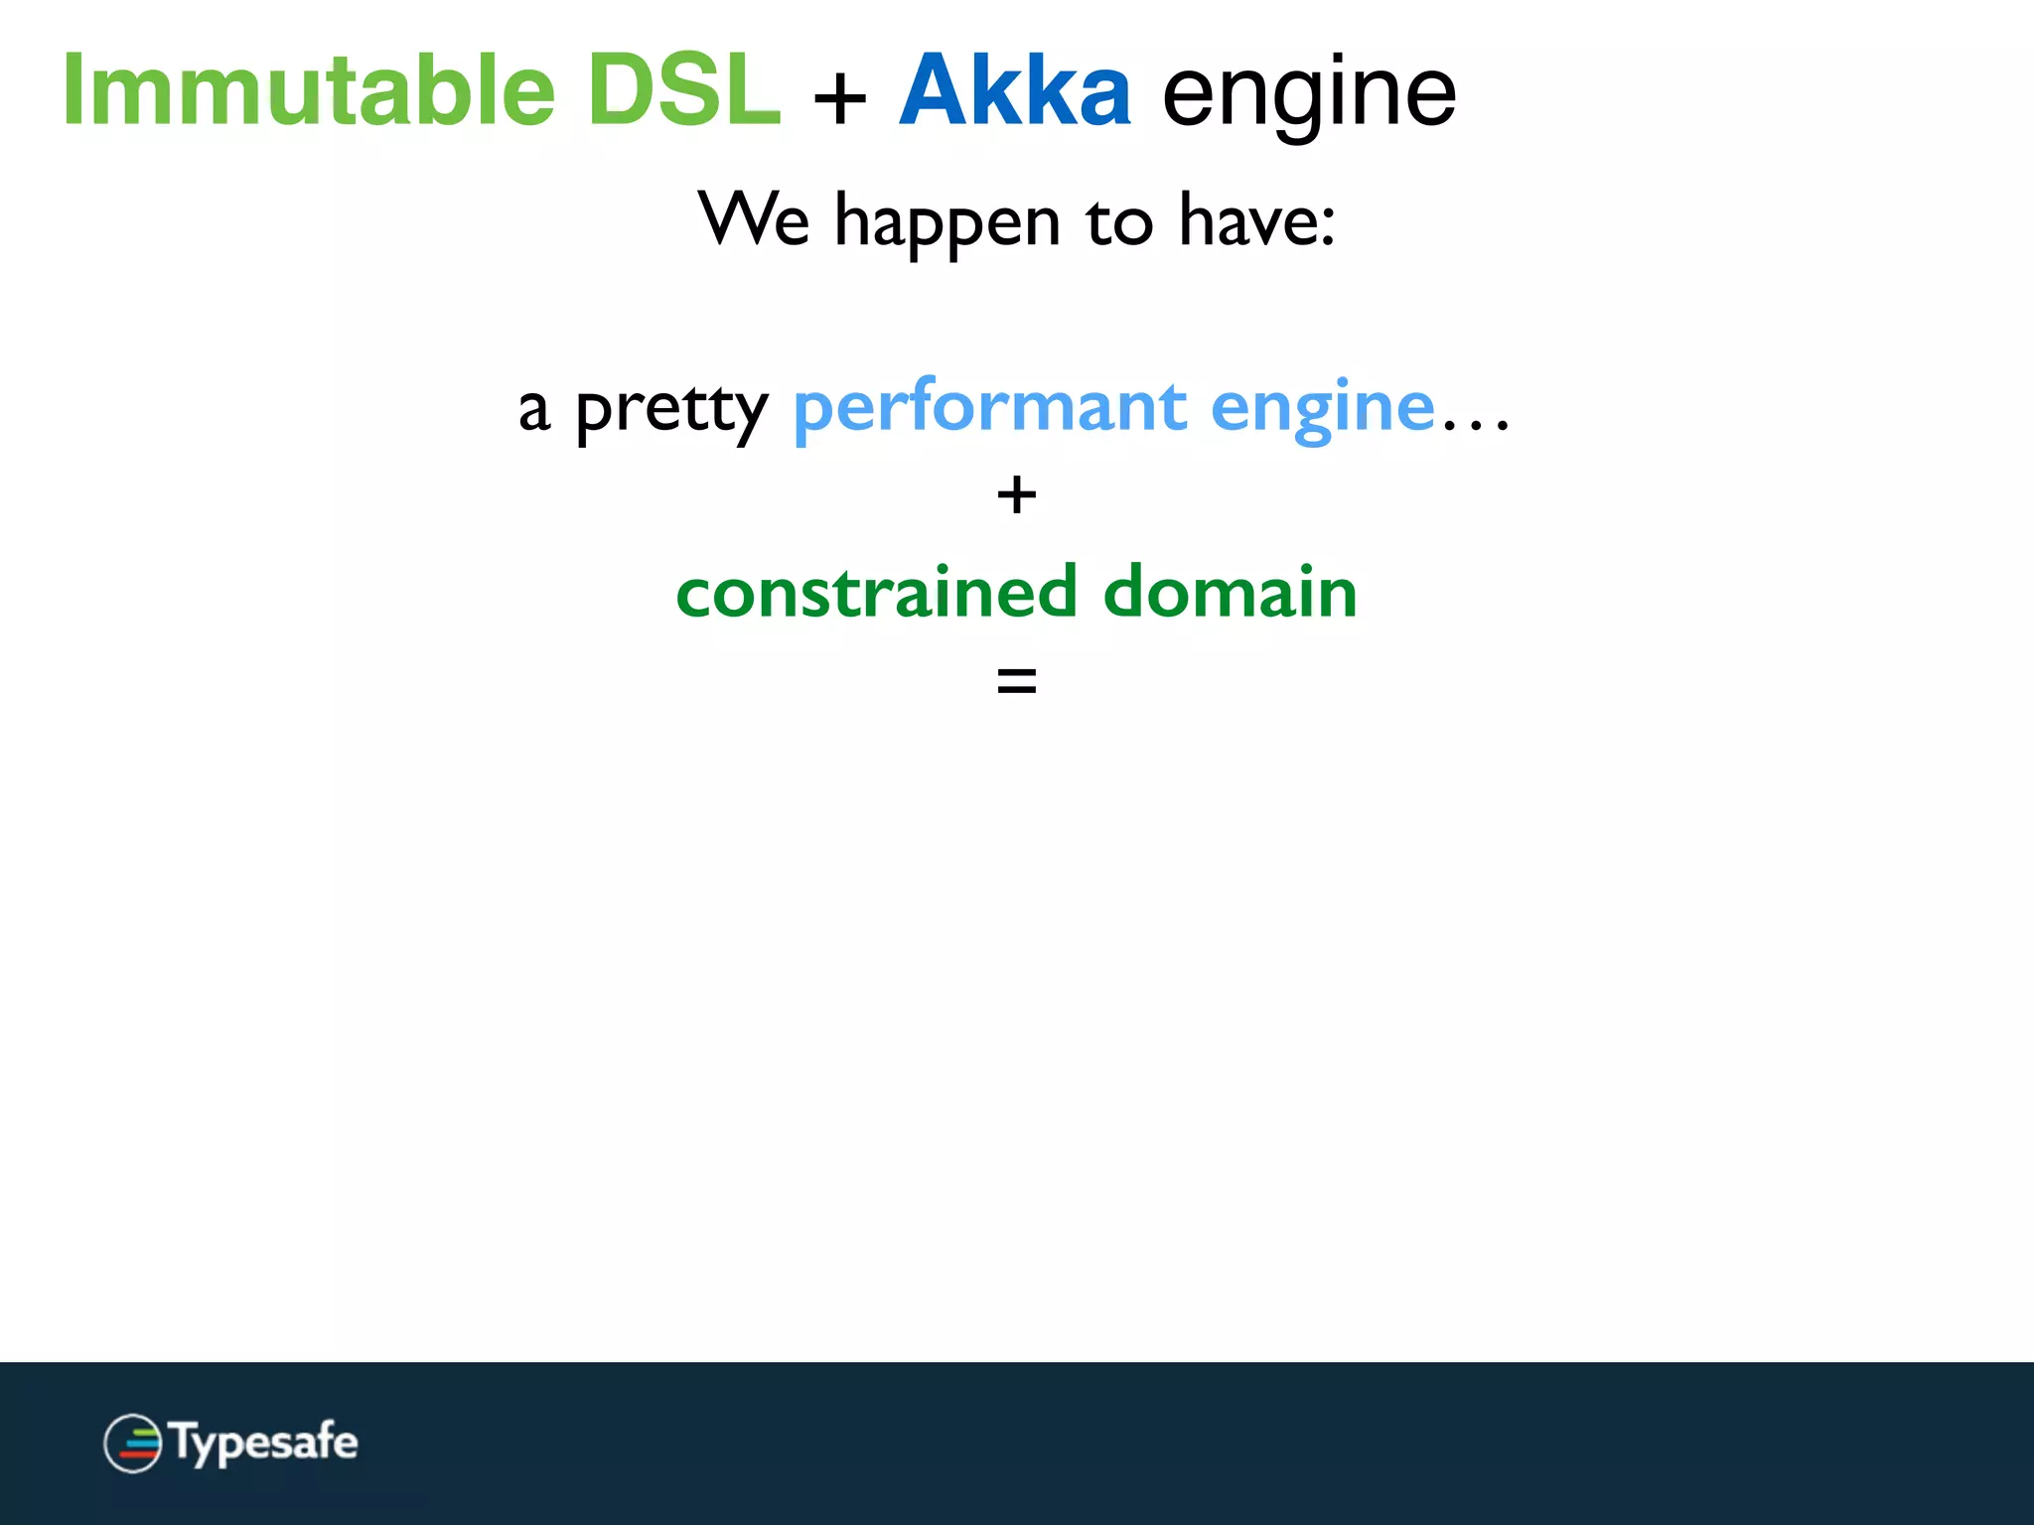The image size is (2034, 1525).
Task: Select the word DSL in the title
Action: coord(683,90)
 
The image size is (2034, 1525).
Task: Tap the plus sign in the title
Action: coord(840,98)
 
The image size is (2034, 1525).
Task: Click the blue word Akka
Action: coord(1014,90)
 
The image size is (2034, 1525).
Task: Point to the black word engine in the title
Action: coord(1309,94)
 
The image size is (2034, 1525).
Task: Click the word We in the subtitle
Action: coord(754,219)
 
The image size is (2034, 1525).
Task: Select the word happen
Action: coord(947,223)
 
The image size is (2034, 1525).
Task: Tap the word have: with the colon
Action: coord(1256,219)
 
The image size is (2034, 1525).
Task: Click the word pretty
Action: coord(671,409)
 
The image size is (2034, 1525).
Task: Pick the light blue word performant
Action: coord(990,409)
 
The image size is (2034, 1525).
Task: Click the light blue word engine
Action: coord(1323,409)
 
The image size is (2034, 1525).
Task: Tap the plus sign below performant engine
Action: coord(1016,494)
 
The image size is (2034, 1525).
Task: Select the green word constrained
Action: coord(876,592)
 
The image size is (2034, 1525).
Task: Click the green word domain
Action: coord(1230,592)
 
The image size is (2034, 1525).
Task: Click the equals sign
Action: coord(1016,681)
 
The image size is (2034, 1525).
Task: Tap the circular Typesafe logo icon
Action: coord(133,1443)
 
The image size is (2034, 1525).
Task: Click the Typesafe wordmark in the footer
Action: coord(264,1443)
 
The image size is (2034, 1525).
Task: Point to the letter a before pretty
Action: coord(534,410)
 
